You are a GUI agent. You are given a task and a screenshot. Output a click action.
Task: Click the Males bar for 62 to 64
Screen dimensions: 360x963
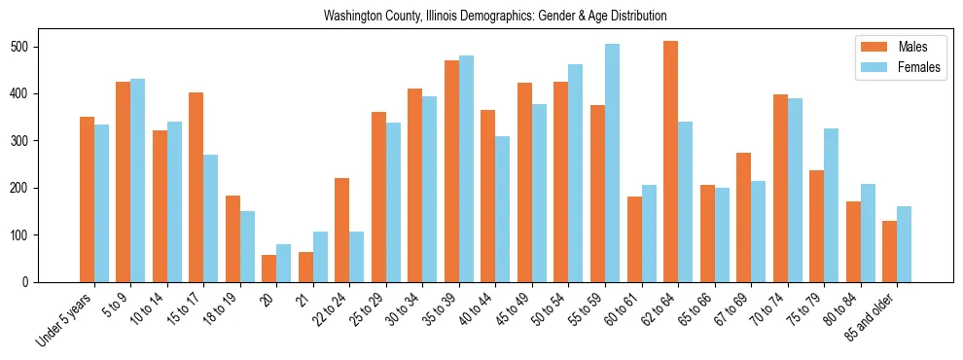pyautogui.click(x=671, y=162)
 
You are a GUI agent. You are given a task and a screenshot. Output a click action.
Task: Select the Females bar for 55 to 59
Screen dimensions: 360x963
pyautogui.click(x=612, y=162)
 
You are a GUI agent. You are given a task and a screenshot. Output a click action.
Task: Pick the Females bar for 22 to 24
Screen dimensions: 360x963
pyautogui.click(x=356, y=257)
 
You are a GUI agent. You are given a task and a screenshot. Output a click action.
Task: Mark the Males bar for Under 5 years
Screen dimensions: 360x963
pyautogui.click(x=87, y=199)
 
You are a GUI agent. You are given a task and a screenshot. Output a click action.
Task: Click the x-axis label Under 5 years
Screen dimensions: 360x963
pyautogui.click(x=66, y=317)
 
